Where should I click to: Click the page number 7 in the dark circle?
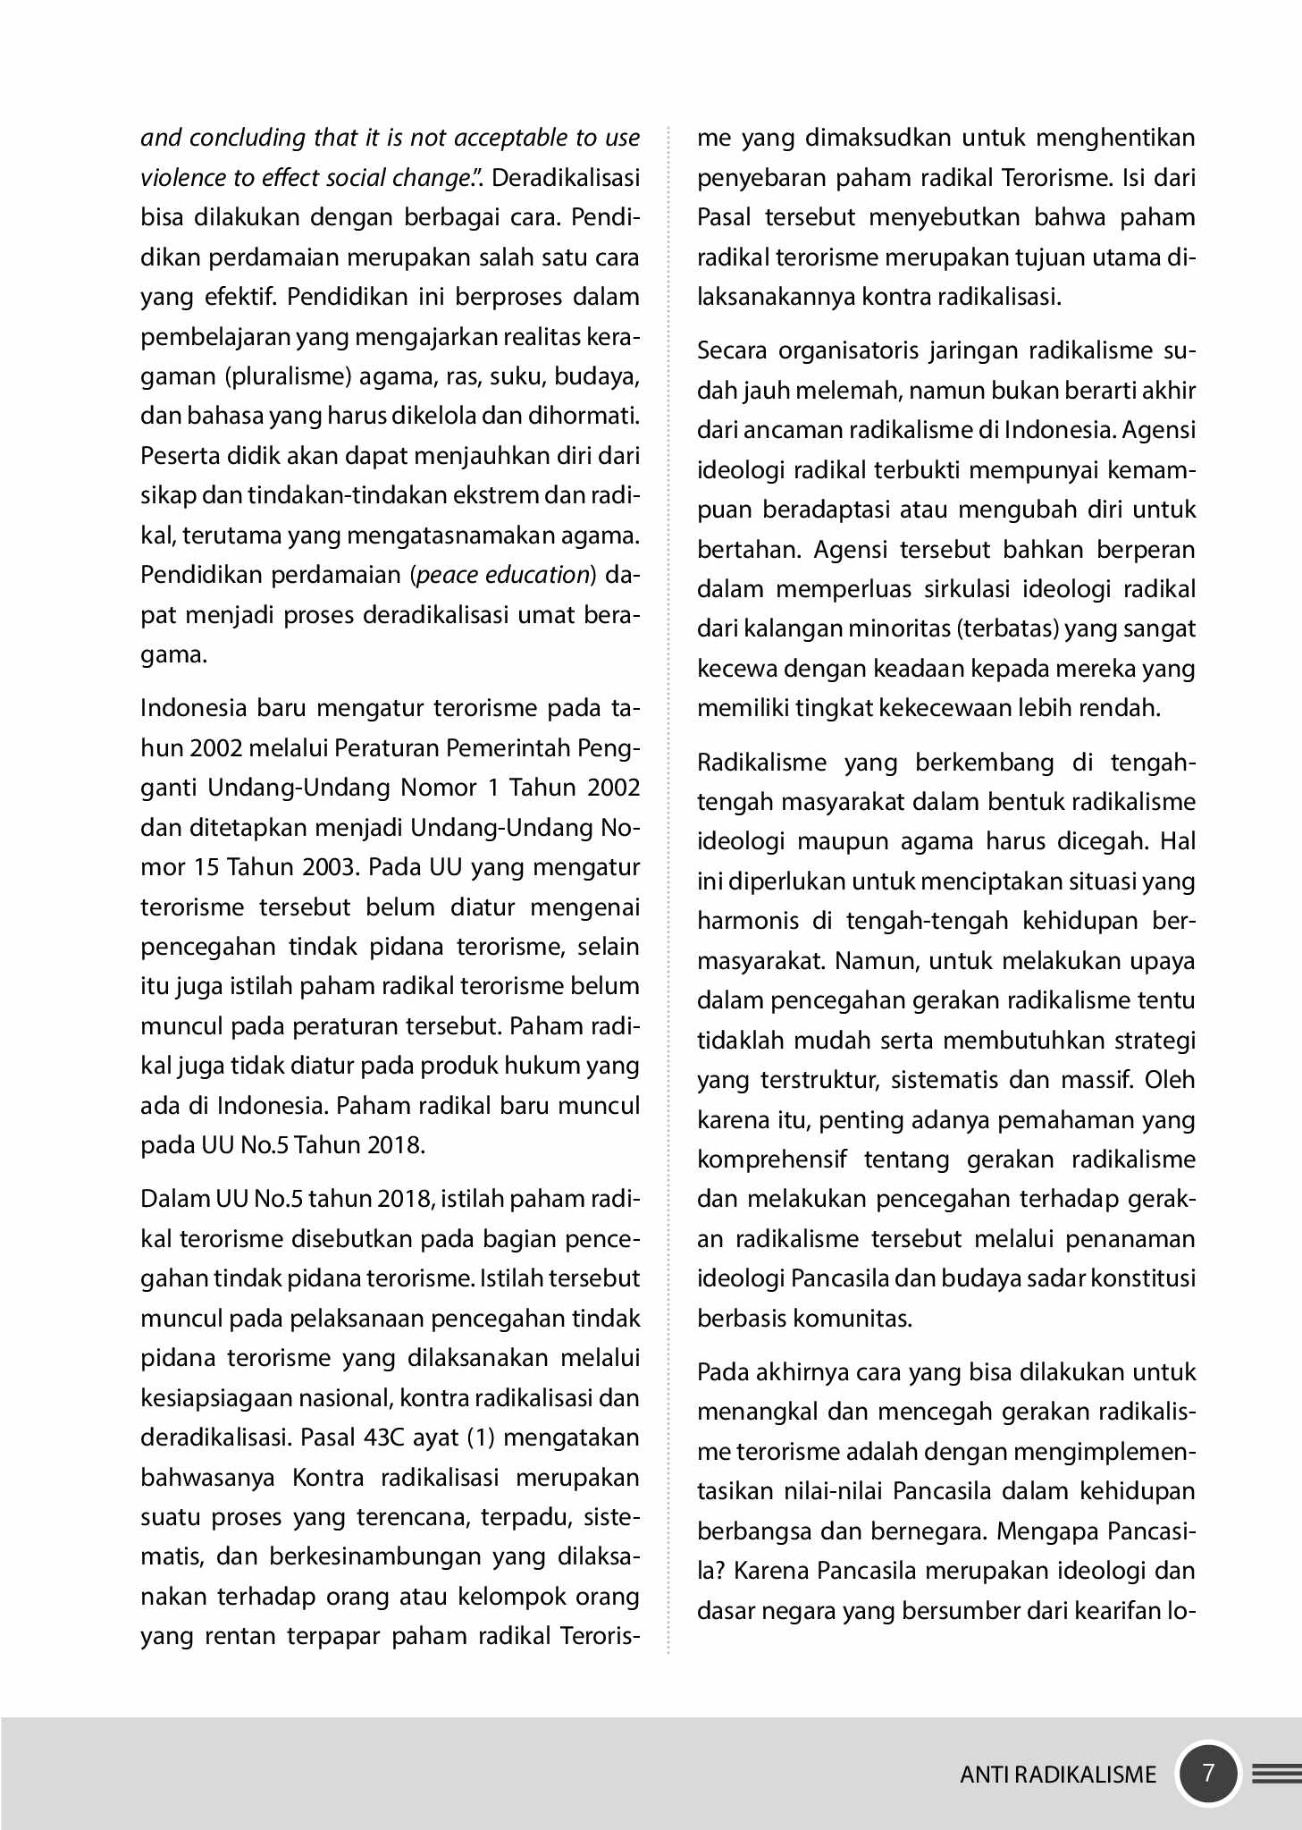[1208, 1773]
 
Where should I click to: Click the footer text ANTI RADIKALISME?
[1058, 1775]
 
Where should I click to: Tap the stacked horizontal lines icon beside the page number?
[1276, 1774]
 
